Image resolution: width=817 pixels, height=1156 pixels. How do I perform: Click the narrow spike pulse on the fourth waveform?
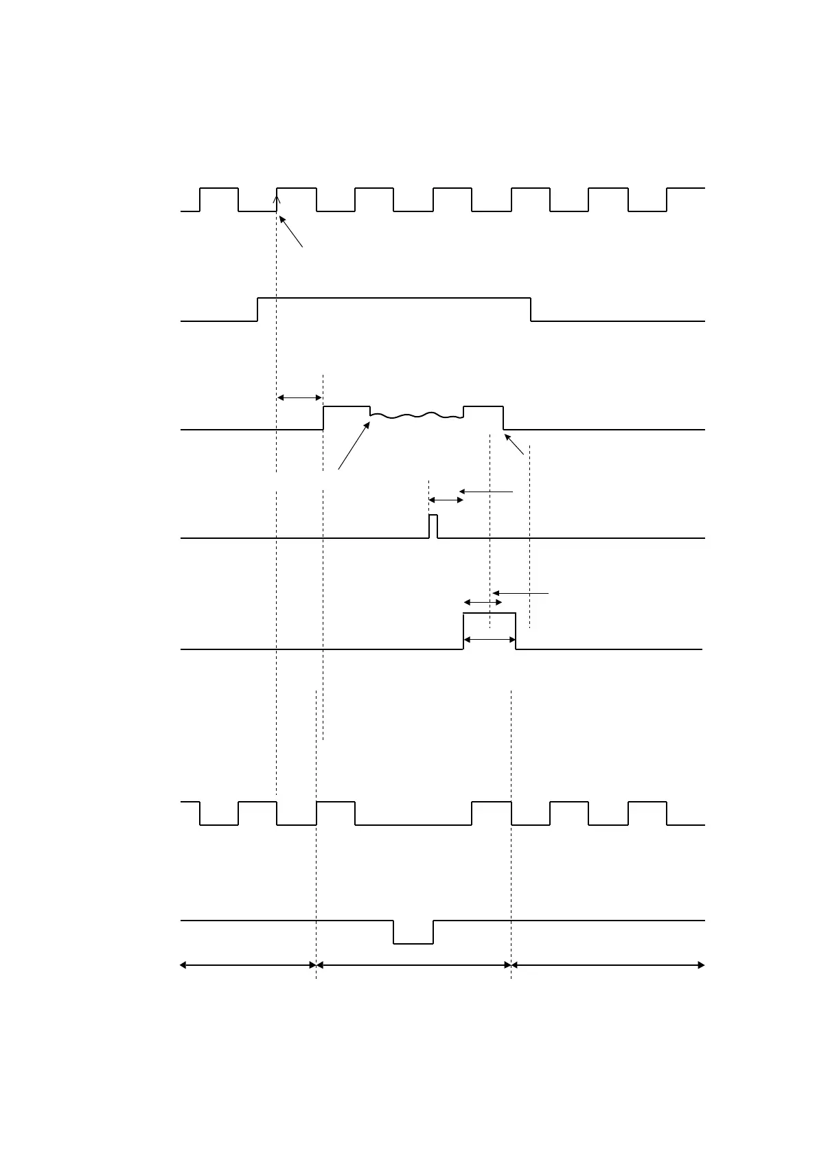coord(433,526)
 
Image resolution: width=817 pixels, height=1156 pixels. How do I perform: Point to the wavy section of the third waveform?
coord(416,415)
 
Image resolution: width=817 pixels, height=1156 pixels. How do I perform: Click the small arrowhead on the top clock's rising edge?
coord(277,200)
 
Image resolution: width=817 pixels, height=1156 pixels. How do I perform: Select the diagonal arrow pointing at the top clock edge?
coord(291,232)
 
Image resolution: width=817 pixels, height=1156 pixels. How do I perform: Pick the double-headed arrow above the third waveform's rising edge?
coord(299,397)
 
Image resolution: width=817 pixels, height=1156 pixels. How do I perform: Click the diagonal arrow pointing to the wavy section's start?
coord(354,446)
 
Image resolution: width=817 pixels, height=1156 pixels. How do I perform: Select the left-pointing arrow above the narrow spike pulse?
coord(486,492)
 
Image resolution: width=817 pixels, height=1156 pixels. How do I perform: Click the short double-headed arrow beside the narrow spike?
coord(446,500)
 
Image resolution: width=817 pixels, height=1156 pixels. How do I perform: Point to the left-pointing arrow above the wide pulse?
coord(520,592)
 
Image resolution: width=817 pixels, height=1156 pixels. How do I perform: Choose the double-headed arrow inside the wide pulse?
coord(490,640)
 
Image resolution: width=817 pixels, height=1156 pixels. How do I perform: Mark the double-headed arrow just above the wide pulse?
coord(483,602)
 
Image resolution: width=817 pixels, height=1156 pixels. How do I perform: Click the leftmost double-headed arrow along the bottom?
coord(248,965)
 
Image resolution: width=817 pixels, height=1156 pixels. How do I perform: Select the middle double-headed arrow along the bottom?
coord(414,965)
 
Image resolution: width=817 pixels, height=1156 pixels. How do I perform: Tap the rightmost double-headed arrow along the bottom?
coord(608,965)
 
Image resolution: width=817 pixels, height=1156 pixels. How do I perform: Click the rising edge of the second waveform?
coord(257,309)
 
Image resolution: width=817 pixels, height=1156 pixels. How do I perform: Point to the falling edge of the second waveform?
coord(531,309)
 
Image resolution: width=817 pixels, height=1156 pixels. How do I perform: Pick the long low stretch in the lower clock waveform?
coord(413,824)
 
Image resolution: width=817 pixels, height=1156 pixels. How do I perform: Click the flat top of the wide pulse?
coord(490,613)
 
